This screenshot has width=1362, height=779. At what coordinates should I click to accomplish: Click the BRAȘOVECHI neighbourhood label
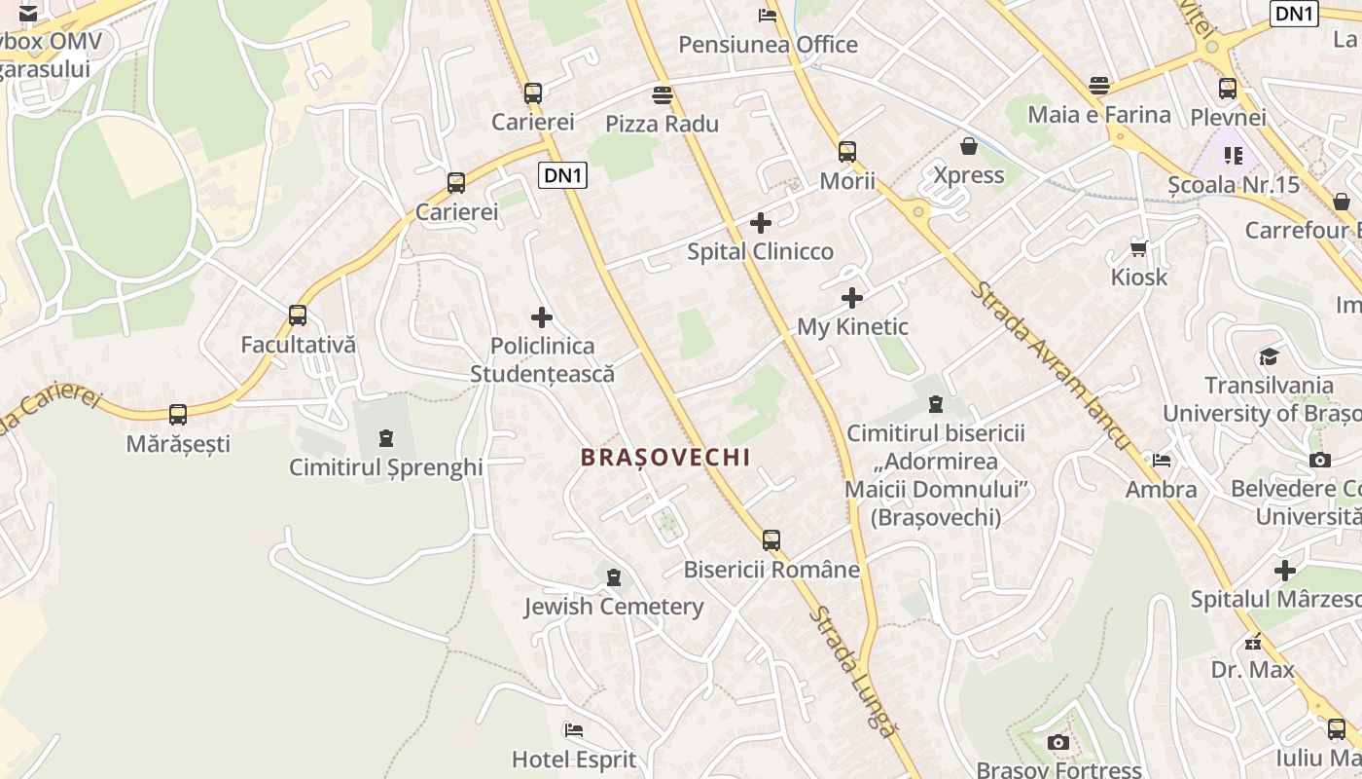coord(665,458)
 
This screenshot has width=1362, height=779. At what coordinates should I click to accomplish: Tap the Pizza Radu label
coord(662,124)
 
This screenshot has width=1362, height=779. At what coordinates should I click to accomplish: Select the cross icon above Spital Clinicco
coord(761,224)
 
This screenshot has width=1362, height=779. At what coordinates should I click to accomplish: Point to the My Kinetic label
coord(852,327)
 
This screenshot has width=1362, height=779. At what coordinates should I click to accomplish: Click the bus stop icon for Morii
coord(847,152)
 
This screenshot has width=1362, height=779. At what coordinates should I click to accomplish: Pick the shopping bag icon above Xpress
coord(969,147)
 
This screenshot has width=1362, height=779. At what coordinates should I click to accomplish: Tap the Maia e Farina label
coord(1099,115)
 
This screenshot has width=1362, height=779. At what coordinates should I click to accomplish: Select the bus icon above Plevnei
coord(1228,89)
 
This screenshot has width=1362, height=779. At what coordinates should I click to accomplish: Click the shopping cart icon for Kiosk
coord(1139,248)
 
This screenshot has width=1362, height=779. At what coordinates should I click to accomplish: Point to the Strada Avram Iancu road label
coord(1054,366)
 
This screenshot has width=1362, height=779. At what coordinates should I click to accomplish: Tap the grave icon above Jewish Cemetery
coord(614,578)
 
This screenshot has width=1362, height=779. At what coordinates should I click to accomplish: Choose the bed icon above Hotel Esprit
coord(574,730)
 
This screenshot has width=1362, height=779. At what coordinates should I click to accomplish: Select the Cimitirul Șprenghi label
coord(386,467)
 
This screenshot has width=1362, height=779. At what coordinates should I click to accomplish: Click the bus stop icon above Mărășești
coord(178,415)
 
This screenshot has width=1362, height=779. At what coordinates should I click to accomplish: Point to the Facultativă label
coord(299,345)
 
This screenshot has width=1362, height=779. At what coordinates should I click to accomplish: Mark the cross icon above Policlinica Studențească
coord(542,317)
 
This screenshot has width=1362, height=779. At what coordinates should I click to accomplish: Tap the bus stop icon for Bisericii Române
coord(771,540)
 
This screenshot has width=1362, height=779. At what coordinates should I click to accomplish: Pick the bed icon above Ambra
coord(1161,461)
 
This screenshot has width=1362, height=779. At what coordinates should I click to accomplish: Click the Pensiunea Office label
coord(768,45)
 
